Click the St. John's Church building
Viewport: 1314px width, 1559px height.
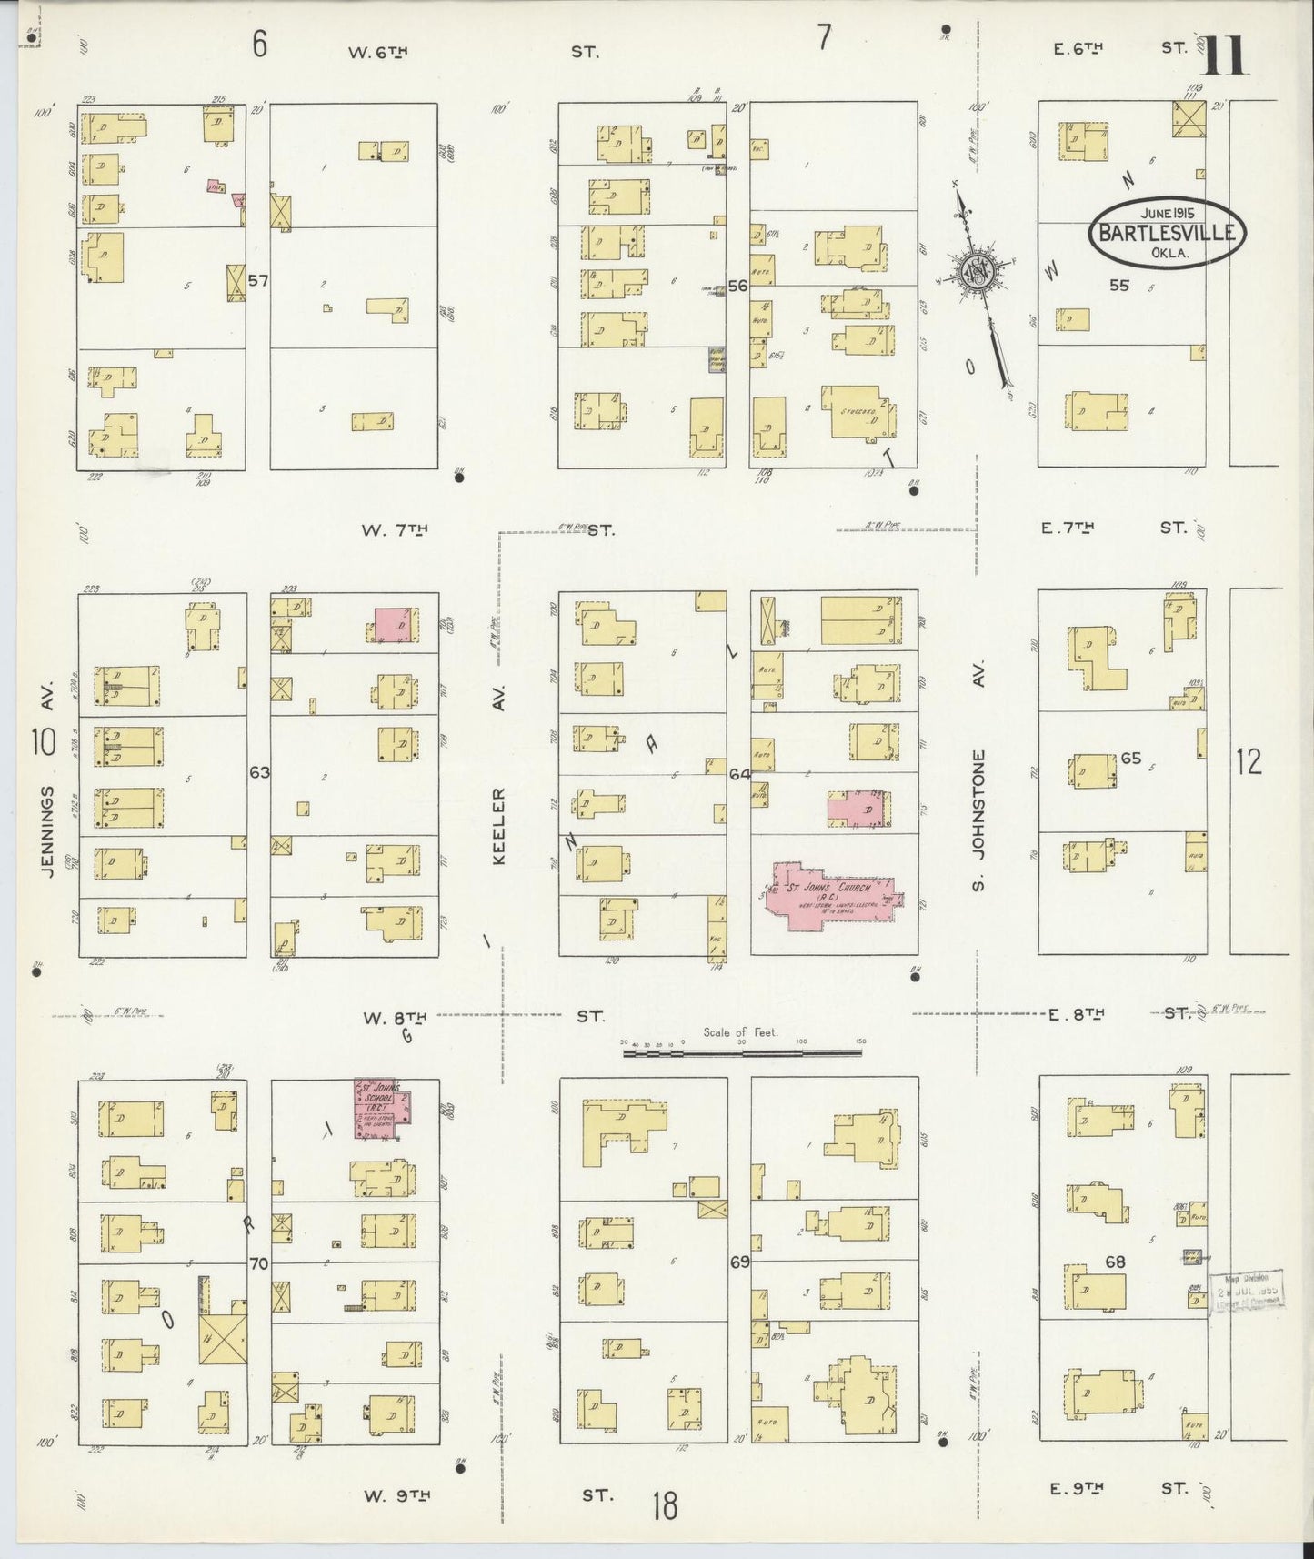point(829,897)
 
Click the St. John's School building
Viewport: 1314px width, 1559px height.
point(380,1108)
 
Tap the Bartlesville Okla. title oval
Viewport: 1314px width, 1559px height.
point(1167,233)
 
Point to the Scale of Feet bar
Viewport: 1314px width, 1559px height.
point(742,1052)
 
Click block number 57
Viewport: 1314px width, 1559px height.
point(259,281)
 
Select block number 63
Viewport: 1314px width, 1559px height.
point(259,772)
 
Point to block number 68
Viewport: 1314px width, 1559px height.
point(1115,1262)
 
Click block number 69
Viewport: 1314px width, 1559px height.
point(739,1263)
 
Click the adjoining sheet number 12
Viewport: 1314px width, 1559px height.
point(1249,762)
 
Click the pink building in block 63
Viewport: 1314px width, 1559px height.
point(396,626)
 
